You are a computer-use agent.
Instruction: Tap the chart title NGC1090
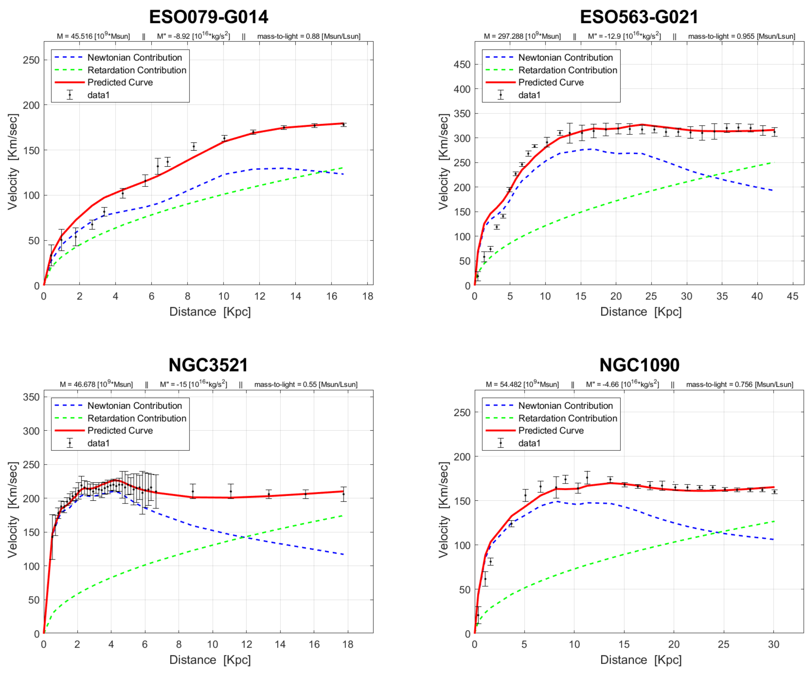639,365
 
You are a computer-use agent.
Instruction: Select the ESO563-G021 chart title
639,17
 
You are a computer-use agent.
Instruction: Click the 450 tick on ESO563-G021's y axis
462,64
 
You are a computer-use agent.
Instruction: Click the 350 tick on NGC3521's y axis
31,397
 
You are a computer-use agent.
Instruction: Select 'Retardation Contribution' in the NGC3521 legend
137,418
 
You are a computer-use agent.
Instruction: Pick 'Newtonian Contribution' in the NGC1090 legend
565,405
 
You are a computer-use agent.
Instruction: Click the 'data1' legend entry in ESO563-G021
529,95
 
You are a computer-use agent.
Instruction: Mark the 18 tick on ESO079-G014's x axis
368,296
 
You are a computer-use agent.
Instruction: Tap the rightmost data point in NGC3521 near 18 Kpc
343,494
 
